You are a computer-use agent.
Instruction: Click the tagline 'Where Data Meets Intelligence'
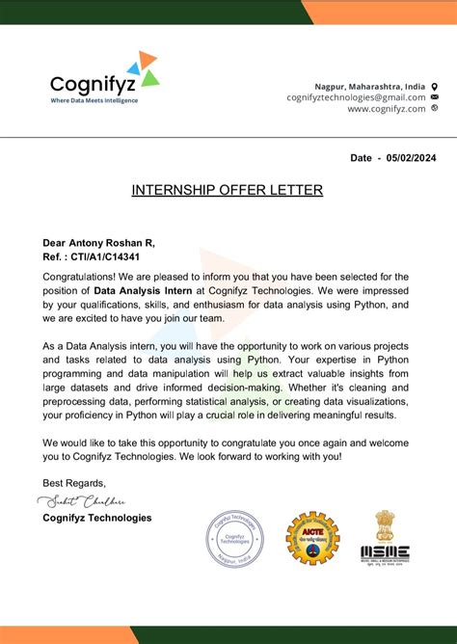(94, 100)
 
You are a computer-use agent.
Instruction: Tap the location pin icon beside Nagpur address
(435, 85)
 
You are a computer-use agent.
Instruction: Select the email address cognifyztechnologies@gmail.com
(356, 96)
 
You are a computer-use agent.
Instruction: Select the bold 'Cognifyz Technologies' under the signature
(96, 518)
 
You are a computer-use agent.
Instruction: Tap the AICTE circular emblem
(311, 538)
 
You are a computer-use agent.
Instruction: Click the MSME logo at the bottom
(386, 552)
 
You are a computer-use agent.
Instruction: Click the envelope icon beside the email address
(435, 97)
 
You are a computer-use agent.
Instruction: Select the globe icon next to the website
(435, 109)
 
